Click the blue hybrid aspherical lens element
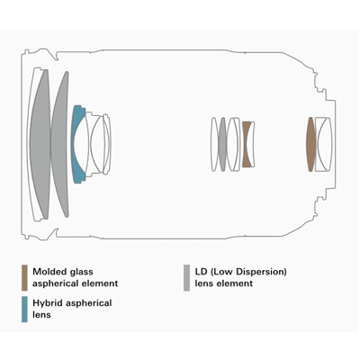click(x=76, y=144)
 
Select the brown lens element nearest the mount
click(x=310, y=144)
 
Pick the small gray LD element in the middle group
click(x=222, y=144)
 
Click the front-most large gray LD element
click(x=39, y=144)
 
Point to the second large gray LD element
click(x=59, y=144)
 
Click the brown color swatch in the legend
click(x=24, y=277)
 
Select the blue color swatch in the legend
click(x=24, y=310)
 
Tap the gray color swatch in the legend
click(x=186, y=277)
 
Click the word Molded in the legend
click(x=49, y=272)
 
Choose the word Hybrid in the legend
click(x=48, y=303)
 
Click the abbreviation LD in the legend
click(x=201, y=272)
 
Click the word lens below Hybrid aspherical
click(x=41, y=315)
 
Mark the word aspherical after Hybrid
click(x=88, y=303)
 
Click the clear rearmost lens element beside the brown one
click(x=323, y=144)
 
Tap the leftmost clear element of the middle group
click(x=214, y=144)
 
